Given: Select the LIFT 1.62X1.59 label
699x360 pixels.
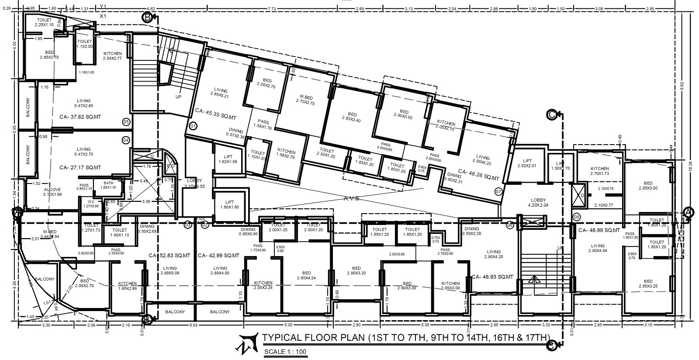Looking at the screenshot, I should (x=227, y=159).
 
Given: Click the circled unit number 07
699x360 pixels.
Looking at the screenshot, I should (x=498, y=191).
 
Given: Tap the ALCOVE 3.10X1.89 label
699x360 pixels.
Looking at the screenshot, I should (x=52, y=192).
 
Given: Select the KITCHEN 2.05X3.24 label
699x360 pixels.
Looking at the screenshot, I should (x=263, y=285).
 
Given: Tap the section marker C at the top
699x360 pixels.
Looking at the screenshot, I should (x=551, y=114).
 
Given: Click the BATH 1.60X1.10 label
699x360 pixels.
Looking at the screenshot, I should (x=108, y=185).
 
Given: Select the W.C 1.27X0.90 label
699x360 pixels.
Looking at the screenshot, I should (x=91, y=204).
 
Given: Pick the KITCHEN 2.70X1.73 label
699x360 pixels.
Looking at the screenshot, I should (x=599, y=171).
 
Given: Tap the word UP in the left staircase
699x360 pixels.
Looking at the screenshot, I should (x=178, y=97).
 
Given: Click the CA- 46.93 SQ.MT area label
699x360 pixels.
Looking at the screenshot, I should (x=491, y=277).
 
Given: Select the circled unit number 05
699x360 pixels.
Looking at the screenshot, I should (x=126, y=121).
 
